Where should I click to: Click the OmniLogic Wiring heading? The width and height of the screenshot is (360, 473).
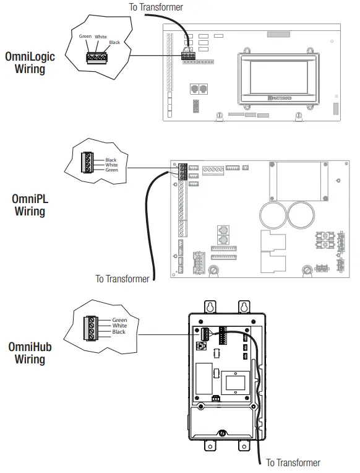coord(30,63)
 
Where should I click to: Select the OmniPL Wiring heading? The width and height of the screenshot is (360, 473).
coord(30,205)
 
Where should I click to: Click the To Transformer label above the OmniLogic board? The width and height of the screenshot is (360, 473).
coord(156,7)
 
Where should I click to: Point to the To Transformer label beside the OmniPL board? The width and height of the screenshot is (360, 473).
coord(122,279)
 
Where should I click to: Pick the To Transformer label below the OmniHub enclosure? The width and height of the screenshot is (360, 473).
coord(293,462)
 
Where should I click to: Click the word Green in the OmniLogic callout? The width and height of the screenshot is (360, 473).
coord(85,37)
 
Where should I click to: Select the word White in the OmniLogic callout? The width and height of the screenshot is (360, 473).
coord(101,37)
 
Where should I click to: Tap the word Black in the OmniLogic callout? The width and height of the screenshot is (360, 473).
coord(114,43)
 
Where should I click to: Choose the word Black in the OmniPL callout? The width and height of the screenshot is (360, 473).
coord(111,160)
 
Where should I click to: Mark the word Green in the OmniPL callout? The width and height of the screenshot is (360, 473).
coord(111,170)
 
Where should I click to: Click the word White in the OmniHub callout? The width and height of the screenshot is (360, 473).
coord(119,326)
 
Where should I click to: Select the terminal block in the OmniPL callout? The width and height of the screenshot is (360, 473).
coord(88,165)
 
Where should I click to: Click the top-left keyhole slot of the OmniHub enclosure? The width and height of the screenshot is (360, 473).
coord(210,306)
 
